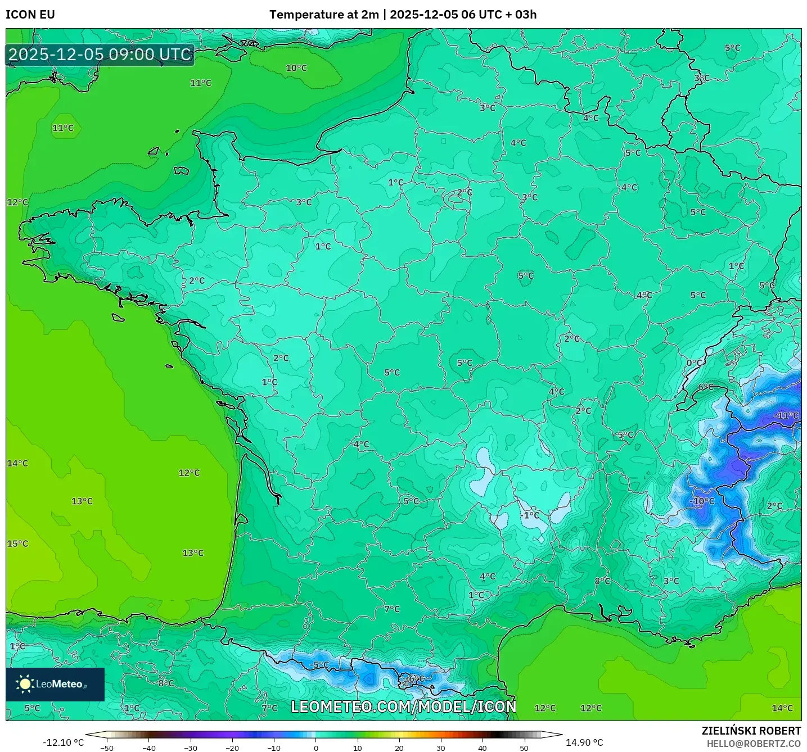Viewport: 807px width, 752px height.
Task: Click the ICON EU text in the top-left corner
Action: pyautogui.click(x=30, y=15)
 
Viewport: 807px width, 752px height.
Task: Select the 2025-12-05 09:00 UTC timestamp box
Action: pyautogui.click(x=100, y=55)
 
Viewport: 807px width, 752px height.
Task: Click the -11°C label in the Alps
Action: pyautogui.click(x=786, y=416)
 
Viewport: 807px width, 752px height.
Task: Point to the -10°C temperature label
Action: pyautogui.click(x=702, y=501)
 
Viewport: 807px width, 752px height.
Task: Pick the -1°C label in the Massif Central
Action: pyautogui.click(x=529, y=515)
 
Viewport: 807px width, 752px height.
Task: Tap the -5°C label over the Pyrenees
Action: pyautogui.click(x=319, y=665)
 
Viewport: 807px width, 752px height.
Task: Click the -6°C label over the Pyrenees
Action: pyautogui.click(x=415, y=679)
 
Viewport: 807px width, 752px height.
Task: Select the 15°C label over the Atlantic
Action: pyautogui.click(x=17, y=544)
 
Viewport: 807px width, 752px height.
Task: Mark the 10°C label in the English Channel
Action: pyautogui.click(x=296, y=68)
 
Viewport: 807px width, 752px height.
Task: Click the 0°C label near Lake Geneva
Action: pyautogui.click(x=695, y=363)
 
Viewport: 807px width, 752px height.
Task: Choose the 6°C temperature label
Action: pyautogui.click(x=706, y=387)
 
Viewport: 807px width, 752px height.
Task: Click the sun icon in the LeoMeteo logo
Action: pyautogui.click(x=25, y=684)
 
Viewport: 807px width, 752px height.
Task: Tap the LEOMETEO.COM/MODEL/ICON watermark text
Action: pyautogui.click(x=403, y=706)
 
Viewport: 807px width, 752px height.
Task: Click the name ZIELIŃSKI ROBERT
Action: pyautogui.click(x=751, y=731)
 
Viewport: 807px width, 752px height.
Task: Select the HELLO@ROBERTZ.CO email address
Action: pyautogui.click(x=754, y=744)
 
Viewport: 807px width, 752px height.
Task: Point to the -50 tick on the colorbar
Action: pyautogui.click(x=107, y=748)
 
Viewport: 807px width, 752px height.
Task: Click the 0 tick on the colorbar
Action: pyautogui.click(x=316, y=748)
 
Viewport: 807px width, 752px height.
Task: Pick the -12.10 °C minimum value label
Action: pyautogui.click(x=63, y=742)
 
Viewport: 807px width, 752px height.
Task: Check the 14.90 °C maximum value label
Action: pyautogui.click(x=584, y=742)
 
